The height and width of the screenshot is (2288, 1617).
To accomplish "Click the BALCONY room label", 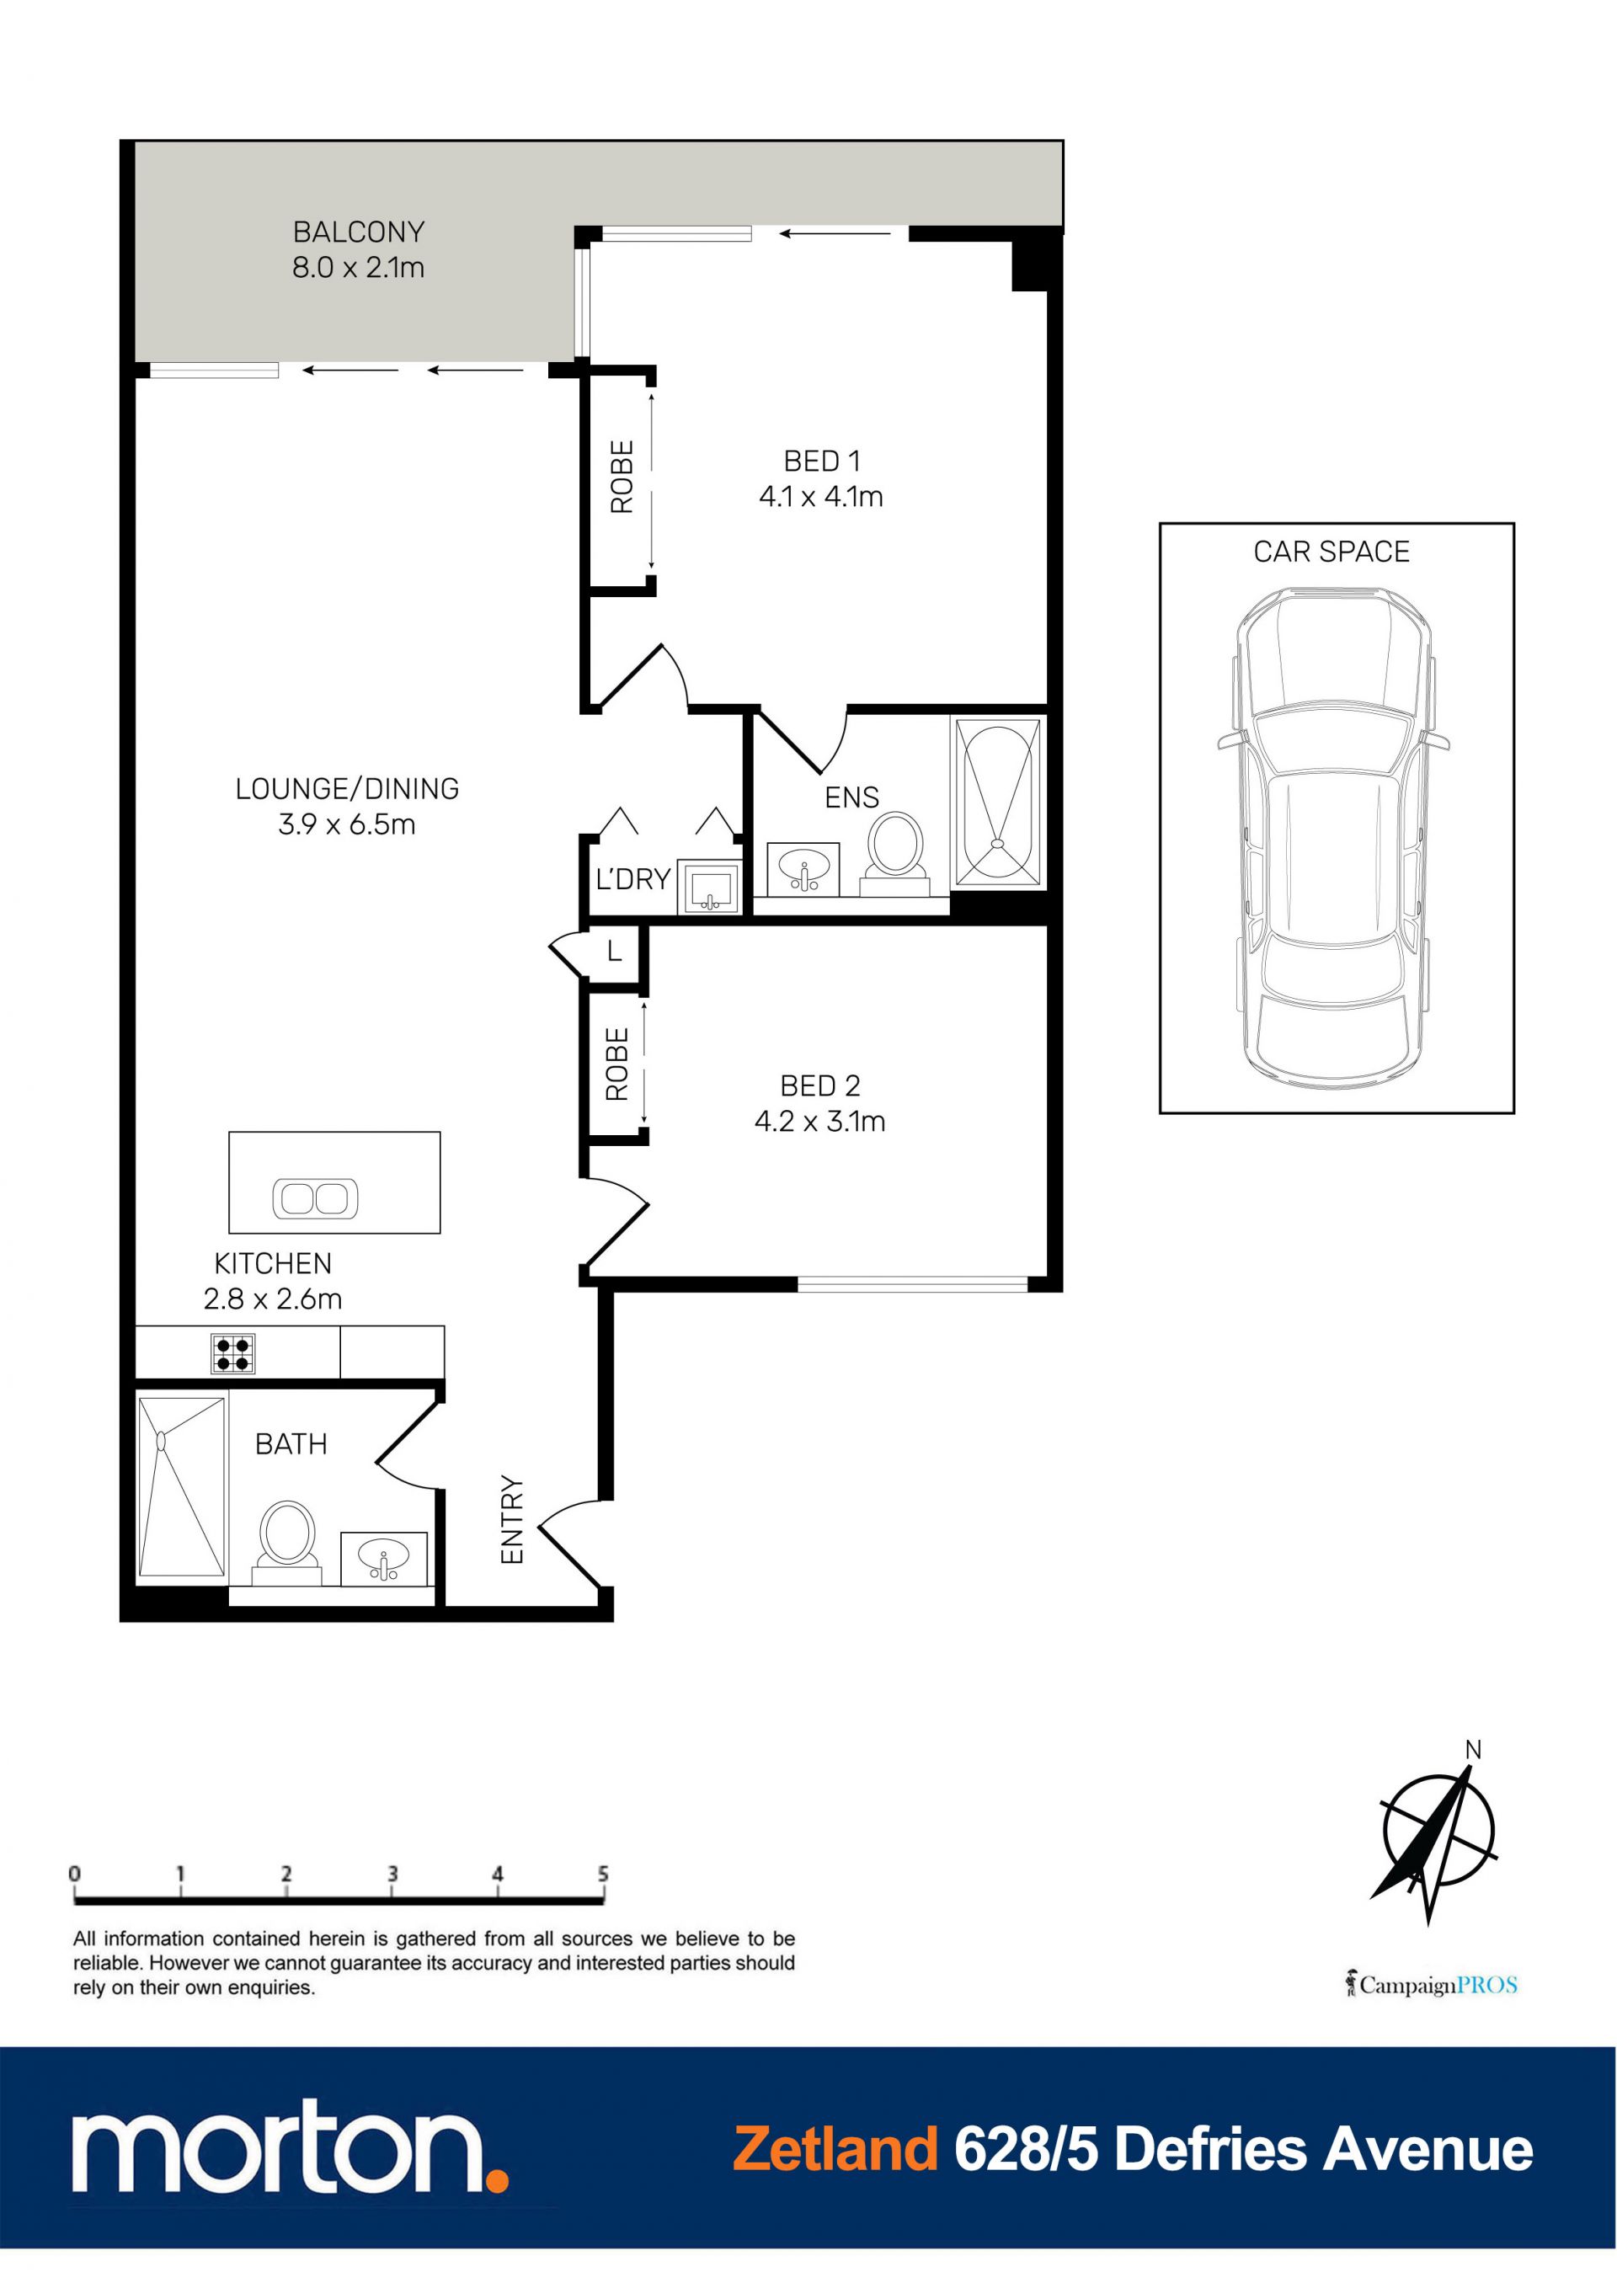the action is point(359,232).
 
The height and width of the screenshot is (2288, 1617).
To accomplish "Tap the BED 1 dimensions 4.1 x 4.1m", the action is point(820,496).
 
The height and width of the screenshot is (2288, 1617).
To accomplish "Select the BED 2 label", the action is point(819,1085).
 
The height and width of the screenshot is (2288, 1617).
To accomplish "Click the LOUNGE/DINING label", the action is point(347,789).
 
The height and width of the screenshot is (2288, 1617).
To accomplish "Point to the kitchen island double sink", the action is point(315,1197).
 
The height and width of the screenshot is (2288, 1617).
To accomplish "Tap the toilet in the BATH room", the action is point(287,1544).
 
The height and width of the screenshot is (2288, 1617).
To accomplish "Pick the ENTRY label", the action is point(511,1520).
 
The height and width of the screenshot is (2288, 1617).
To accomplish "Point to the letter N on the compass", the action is point(1474,1750).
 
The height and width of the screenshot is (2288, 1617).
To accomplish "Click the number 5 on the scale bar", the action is point(603,1874).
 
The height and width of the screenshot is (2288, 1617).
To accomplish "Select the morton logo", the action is point(289,2151).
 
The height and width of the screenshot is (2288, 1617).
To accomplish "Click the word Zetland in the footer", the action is point(835,2150).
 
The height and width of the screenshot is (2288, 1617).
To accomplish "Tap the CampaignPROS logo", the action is point(1432,1984).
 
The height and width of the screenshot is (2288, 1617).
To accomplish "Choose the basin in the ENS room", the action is point(803,869).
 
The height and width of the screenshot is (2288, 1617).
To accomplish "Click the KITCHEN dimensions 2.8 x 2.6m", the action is point(272,1299).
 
